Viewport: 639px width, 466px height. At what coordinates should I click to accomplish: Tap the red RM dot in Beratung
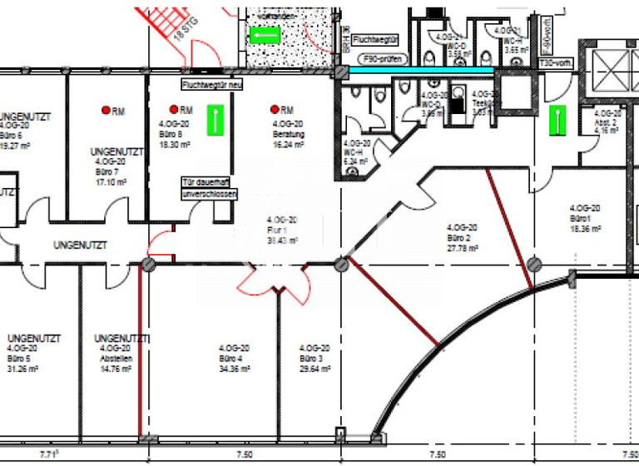[274, 109]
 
